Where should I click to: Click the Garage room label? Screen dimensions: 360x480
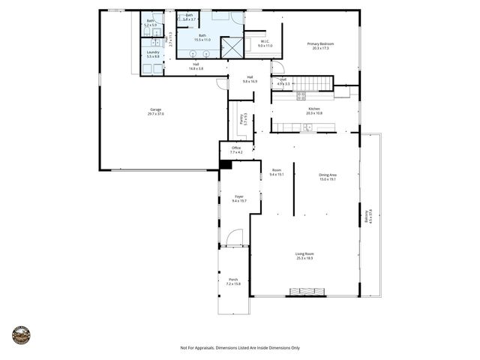click(156, 110)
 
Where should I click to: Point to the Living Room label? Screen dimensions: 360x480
click(304, 255)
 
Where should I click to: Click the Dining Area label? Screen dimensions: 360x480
click(328, 176)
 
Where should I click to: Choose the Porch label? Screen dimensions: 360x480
click(233, 281)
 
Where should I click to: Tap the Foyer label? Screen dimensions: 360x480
click(238, 198)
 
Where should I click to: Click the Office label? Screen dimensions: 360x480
click(236, 150)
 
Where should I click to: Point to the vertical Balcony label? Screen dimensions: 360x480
click(367, 217)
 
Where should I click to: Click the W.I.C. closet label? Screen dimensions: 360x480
click(265, 43)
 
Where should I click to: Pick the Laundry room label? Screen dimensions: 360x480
click(153, 54)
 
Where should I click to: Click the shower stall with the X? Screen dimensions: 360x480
click(232, 48)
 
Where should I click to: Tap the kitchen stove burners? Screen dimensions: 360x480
click(301, 95)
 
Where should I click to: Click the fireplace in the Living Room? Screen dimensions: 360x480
click(304, 292)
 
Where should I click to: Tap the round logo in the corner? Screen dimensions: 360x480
click(21, 334)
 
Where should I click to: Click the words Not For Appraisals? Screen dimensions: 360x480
click(197, 348)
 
